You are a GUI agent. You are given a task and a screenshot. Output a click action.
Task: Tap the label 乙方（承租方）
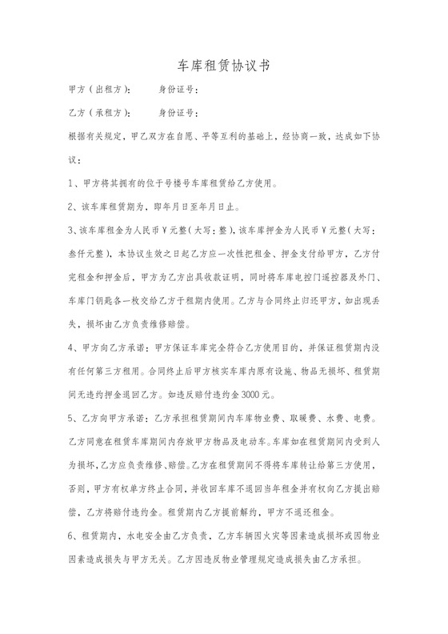101,113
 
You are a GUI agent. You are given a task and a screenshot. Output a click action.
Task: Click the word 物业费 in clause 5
270,419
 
